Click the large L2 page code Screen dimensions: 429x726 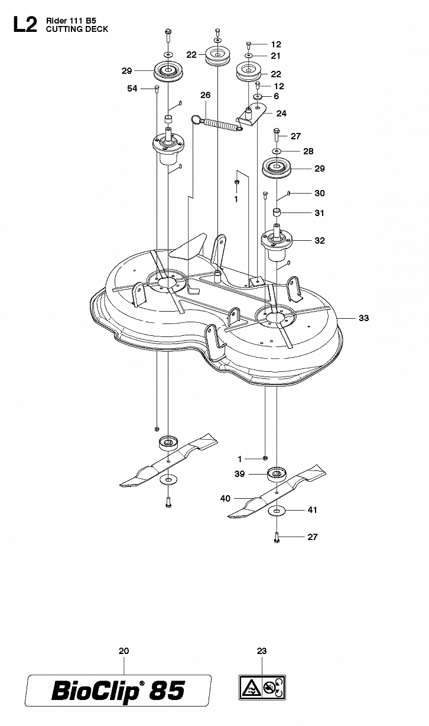pyautogui.click(x=25, y=25)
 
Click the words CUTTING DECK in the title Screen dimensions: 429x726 pyautogui.click(x=77, y=29)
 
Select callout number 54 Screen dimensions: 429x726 pyautogui.click(x=132, y=89)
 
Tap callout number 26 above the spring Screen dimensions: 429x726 pyautogui.click(x=206, y=95)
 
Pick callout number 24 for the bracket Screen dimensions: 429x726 pyautogui.click(x=281, y=113)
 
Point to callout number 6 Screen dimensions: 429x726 pyautogui.click(x=277, y=96)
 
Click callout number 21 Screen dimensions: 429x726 pyautogui.click(x=275, y=55)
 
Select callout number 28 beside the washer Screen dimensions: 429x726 pyautogui.click(x=308, y=151)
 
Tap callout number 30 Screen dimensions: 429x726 pyautogui.click(x=320, y=193)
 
